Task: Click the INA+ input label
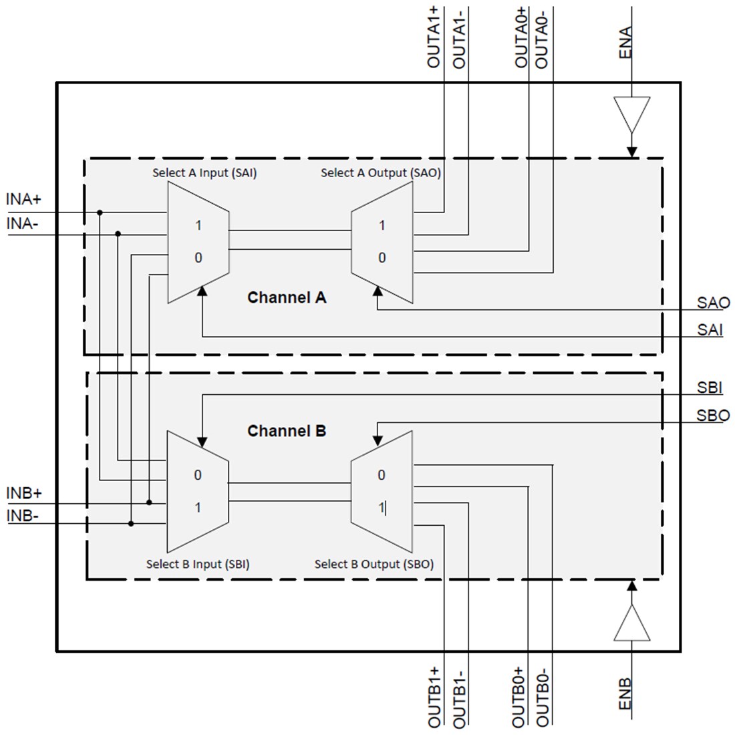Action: coord(24,199)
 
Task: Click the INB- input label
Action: coord(23,516)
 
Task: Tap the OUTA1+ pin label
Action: coord(434,37)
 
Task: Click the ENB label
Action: coord(625,695)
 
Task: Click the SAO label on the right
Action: coord(713,303)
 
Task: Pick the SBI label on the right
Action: coord(710,388)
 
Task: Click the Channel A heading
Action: coord(287,297)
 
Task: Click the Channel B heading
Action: coord(287,431)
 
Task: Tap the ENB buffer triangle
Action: coord(631,623)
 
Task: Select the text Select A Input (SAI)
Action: coord(204,173)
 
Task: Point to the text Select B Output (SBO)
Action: coord(374,564)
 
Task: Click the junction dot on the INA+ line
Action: coord(100,212)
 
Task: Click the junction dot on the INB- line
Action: coord(131,523)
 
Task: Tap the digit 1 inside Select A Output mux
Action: coord(382,226)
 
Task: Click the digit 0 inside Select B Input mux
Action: coord(198,476)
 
